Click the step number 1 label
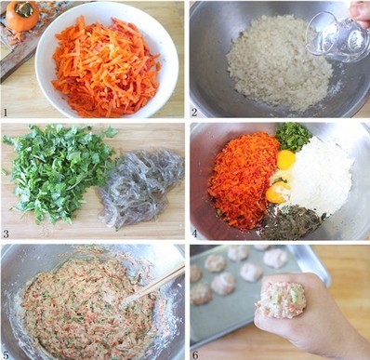6,113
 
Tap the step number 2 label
194,112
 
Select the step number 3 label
6,233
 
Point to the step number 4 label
194,233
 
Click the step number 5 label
6,353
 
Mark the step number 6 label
194,354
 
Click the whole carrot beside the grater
22,16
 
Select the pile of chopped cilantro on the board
59,170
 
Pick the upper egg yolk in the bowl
285,160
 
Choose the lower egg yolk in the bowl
277,193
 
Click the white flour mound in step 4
321,177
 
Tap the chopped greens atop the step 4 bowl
293,137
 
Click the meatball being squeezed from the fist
282,300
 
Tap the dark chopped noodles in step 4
290,221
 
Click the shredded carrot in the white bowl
105,67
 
